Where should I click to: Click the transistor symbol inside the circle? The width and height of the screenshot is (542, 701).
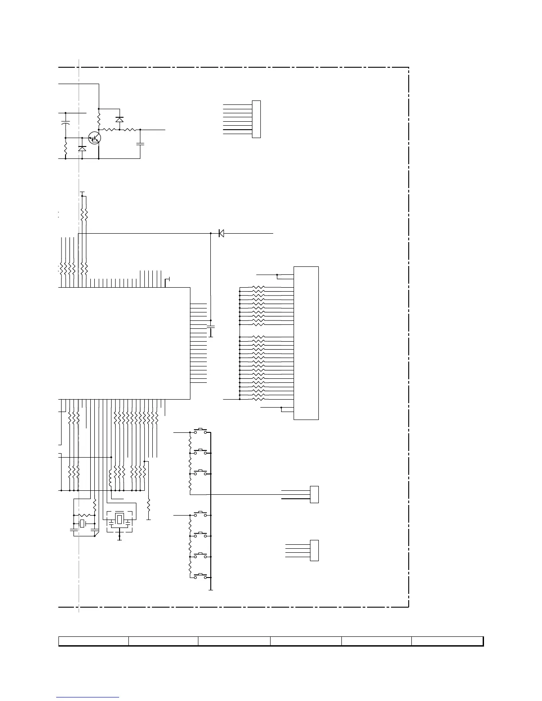tap(95, 138)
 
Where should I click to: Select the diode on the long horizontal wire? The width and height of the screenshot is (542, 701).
tap(221, 233)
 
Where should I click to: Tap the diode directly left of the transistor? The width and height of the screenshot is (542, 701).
tap(82, 149)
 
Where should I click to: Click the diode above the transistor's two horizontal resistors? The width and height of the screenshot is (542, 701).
tap(119, 119)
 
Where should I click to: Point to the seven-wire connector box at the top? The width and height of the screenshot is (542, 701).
tap(256, 119)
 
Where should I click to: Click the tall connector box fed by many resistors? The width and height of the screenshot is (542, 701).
tap(306, 343)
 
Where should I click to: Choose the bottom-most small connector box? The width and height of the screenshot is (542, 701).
tap(314, 551)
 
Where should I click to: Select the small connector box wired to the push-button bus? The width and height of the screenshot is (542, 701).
tap(314, 494)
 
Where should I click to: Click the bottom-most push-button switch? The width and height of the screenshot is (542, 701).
tap(201, 576)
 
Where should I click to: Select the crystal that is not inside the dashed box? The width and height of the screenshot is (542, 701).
tap(82, 524)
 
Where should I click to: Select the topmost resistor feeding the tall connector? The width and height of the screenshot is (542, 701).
tap(258, 287)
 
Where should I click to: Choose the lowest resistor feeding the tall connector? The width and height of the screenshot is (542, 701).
tap(258, 399)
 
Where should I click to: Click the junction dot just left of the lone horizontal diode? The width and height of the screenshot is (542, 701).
tap(210, 233)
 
